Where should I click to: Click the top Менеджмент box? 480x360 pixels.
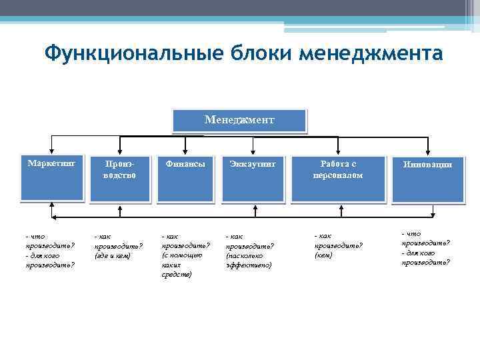pyautogui.click(x=239, y=121)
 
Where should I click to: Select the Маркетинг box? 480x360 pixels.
pyautogui.click(x=51, y=179)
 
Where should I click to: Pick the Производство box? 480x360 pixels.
pyautogui.click(x=120, y=179)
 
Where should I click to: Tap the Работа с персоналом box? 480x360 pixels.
pyautogui.click(x=338, y=179)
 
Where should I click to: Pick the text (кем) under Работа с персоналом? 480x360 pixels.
pyautogui.click(x=324, y=255)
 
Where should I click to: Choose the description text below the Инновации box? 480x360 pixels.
pyautogui.click(x=425, y=247)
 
